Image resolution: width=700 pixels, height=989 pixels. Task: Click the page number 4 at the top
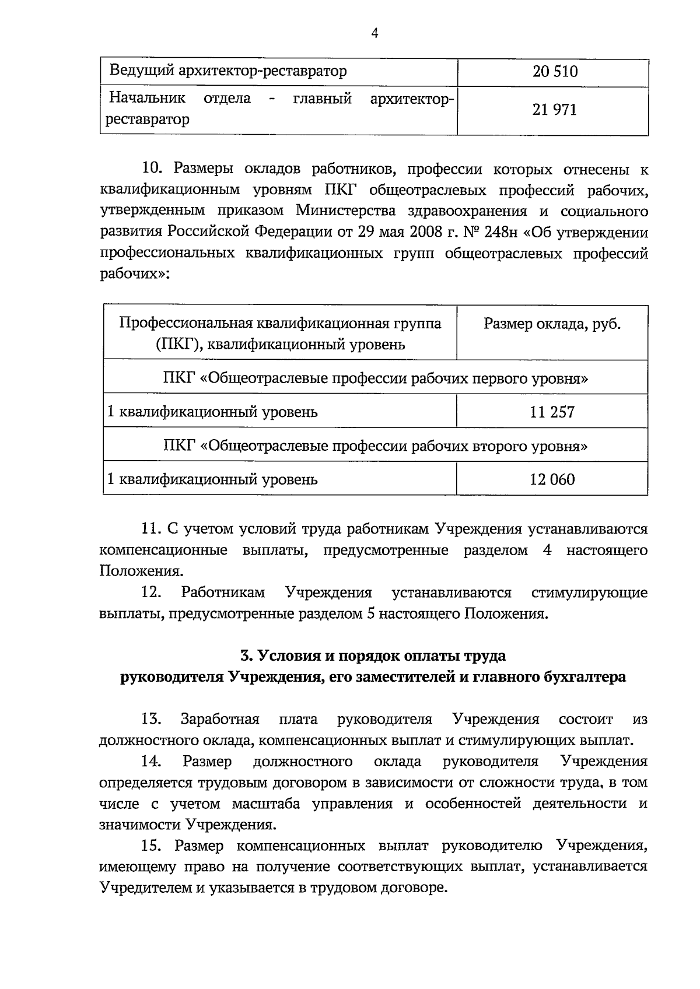coord(374,34)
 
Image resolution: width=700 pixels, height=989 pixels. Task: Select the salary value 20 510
coord(555,72)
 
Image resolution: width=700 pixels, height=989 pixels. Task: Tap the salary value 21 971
coord(554,110)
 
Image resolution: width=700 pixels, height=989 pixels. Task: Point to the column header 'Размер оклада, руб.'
coord(552,324)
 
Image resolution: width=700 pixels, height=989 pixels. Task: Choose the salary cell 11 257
coord(552,412)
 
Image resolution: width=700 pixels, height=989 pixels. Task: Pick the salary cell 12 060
coord(552,479)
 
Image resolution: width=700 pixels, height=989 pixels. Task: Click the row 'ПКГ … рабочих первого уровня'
coord(375,378)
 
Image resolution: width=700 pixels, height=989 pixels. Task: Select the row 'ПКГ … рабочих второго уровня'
coord(375,446)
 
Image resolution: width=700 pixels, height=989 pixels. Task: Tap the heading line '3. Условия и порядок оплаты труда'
coord(373,655)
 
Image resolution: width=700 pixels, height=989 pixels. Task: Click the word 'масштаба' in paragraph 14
coord(266,804)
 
